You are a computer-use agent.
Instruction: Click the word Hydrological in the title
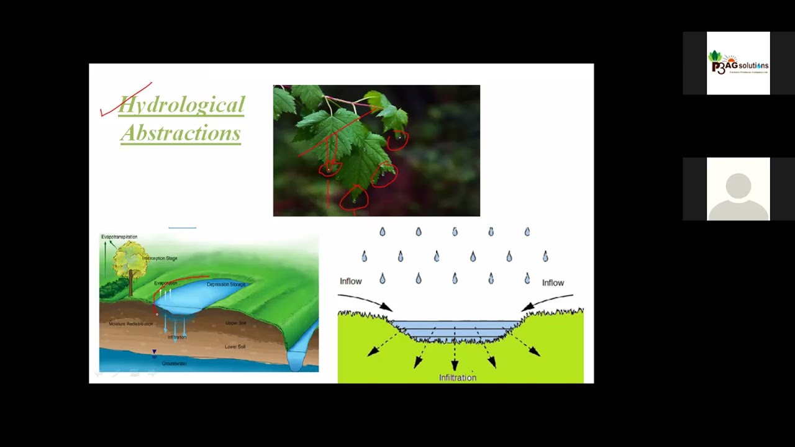pos(181,105)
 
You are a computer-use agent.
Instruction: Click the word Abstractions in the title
pos(181,132)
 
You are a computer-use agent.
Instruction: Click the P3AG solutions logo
pos(738,63)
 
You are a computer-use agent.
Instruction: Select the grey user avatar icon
pos(738,189)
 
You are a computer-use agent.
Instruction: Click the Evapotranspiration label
pos(119,237)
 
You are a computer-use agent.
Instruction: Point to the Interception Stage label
pos(160,258)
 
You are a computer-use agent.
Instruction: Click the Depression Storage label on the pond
pos(226,284)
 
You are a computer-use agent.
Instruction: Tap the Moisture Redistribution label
pos(130,324)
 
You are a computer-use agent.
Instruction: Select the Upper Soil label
pos(235,323)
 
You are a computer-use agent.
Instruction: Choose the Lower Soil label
pos(235,346)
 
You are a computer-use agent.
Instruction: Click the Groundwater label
pos(174,363)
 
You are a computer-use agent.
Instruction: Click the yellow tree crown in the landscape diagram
pos(130,260)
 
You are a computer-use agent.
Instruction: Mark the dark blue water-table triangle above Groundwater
pos(155,353)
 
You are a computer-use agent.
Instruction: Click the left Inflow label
pos(350,281)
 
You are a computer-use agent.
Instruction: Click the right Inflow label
pos(553,282)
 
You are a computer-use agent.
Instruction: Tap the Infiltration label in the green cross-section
pos(457,377)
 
